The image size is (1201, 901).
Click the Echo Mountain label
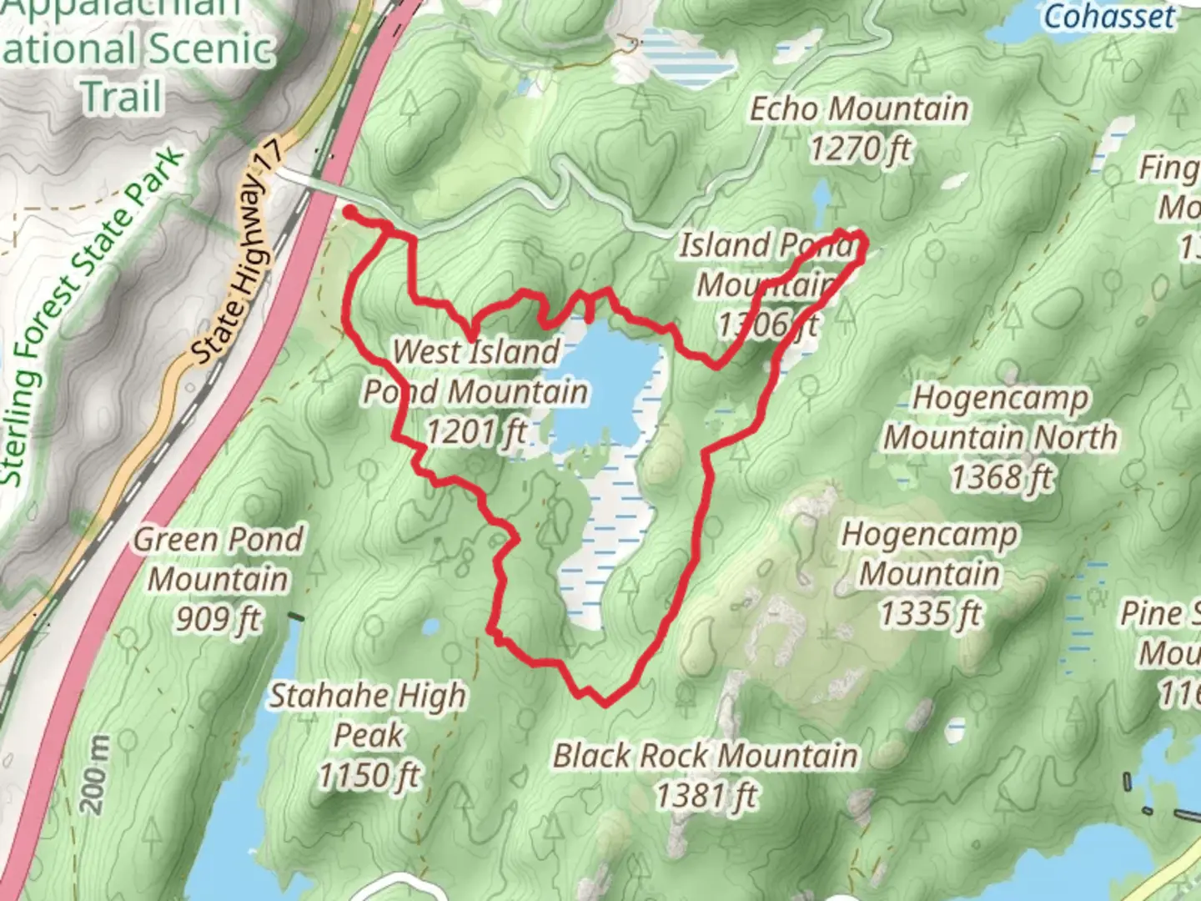point(858,109)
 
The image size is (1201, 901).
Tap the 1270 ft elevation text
point(860,150)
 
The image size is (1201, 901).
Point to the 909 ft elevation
point(218,619)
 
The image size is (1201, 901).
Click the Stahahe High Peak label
point(367,715)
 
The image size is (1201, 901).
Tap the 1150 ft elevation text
point(368,776)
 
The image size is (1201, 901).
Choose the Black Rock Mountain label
point(706,756)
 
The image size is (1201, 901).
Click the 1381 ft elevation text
point(706,796)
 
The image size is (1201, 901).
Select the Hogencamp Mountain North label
point(1000,417)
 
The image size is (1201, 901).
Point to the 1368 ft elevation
point(1002,478)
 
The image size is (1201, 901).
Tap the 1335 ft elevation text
point(930,614)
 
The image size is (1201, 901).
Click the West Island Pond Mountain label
point(475,371)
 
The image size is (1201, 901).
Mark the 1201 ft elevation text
point(476,431)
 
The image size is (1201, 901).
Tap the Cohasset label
point(1108,16)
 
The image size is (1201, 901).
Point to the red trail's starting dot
point(349,212)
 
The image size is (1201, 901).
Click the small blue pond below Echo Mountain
point(822,199)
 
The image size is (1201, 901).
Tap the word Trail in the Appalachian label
point(122,96)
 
